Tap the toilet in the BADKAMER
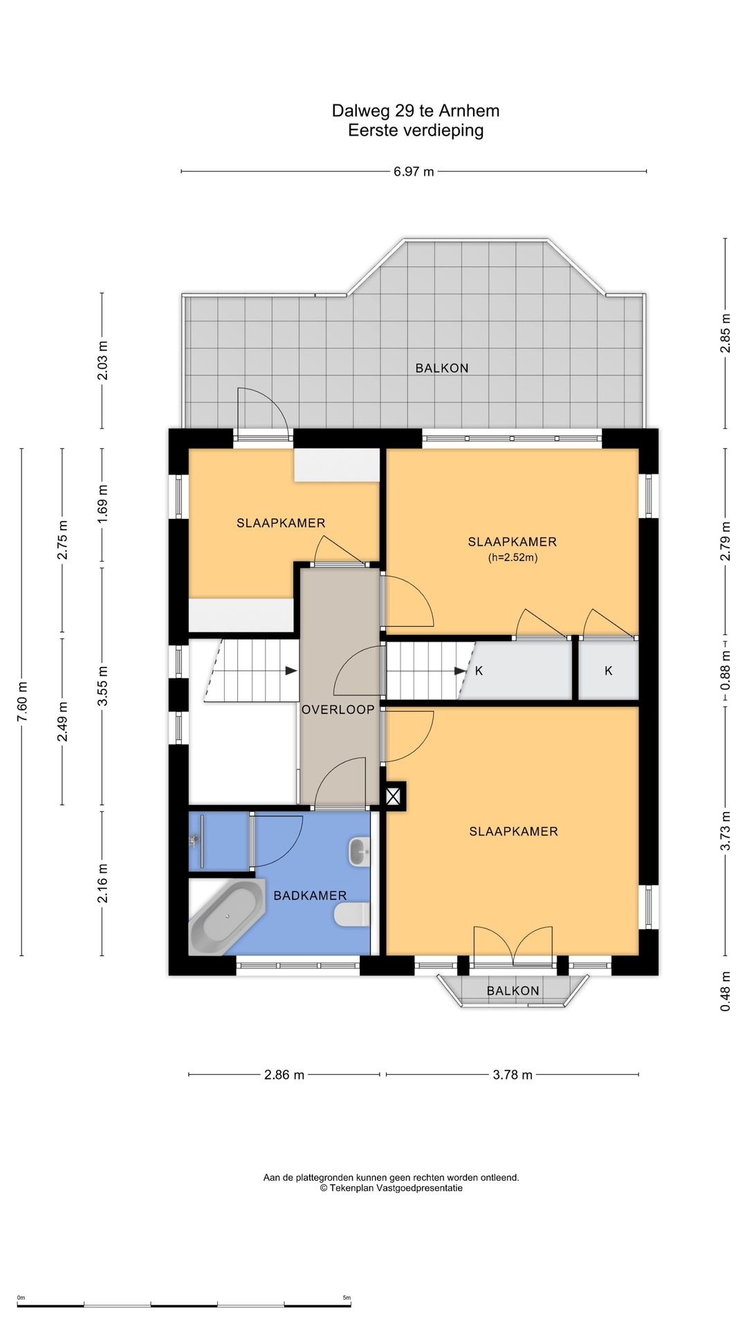click(352, 915)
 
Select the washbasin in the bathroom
click(359, 851)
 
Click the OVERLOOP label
click(338, 710)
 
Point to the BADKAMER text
click(310, 896)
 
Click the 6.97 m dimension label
click(414, 172)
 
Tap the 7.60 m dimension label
click(22, 702)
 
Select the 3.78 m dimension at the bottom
click(513, 1074)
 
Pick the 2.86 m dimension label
click(284, 1074)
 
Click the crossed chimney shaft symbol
click(393, 797)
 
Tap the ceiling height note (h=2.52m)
click(513, 557)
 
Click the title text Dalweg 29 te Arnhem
click(416, 111)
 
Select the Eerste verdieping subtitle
click(416, 130)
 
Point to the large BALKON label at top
click(442, 368)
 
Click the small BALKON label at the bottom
click(513, 990)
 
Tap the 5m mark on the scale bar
click(347, 1298)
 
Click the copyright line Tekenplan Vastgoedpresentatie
click(391, 1188)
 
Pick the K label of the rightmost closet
click(609, 670)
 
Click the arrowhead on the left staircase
click(292, 671)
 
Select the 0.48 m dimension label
click(726, 991)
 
